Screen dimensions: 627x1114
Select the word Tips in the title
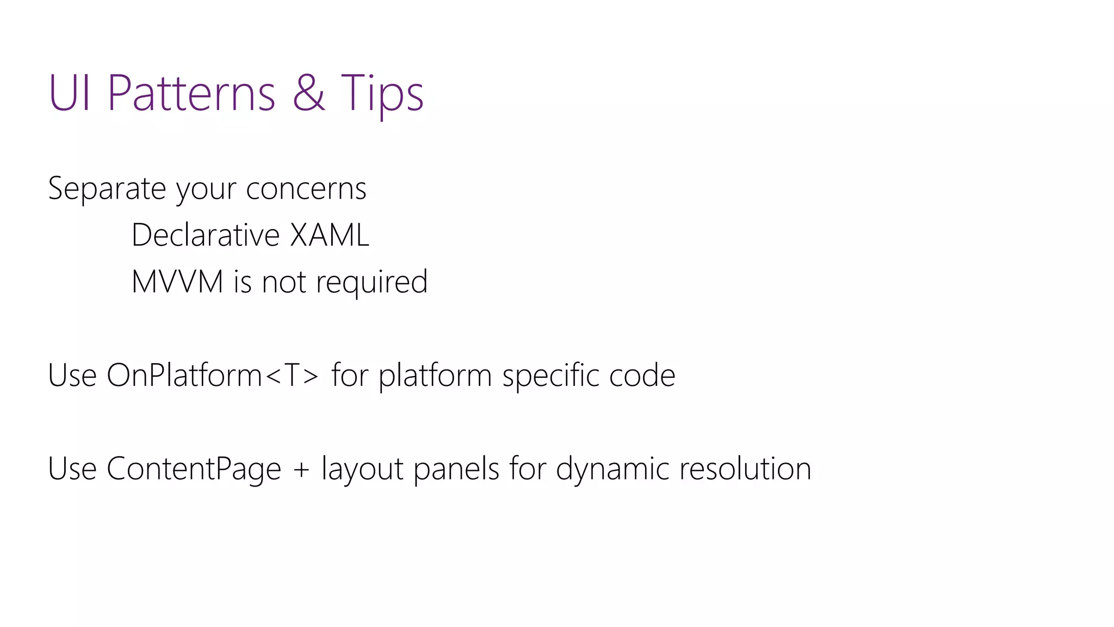pos(382,94)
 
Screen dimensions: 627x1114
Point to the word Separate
pos(107,188)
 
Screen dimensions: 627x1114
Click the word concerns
pos(306,189)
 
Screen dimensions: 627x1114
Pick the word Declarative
pos(206,235)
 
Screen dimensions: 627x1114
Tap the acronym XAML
pos(330,235)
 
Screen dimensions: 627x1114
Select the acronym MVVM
pos(177,282)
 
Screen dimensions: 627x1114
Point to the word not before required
pos(283,282)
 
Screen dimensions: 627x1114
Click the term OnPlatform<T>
pos(213,376)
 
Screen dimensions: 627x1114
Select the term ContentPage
pos(194,469)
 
